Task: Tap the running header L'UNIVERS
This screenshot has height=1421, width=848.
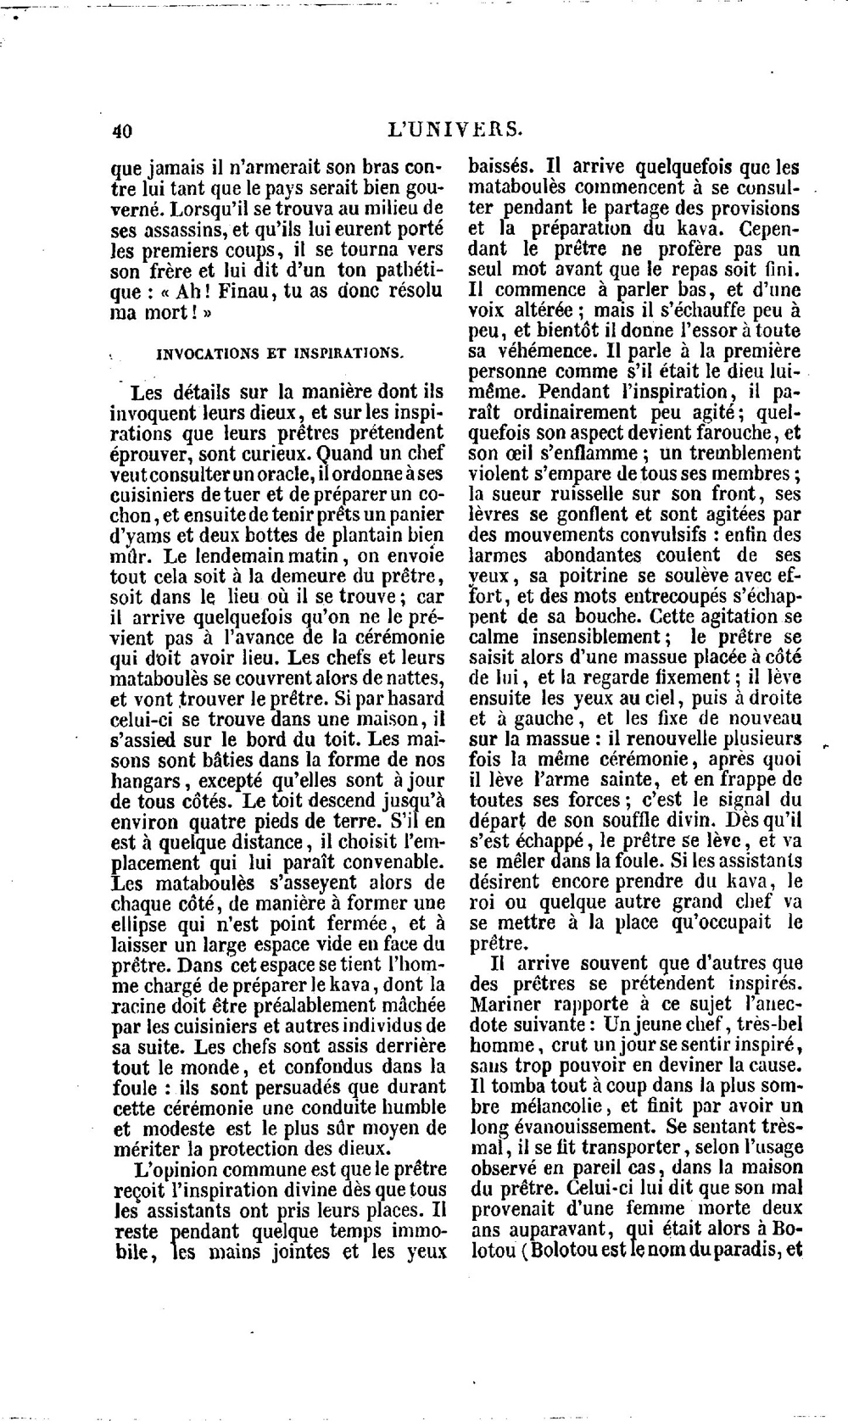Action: click(x=454, y=130)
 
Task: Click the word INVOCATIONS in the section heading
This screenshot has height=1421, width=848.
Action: click(x=200, y=354)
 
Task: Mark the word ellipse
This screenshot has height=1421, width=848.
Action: click(x=142, y=922)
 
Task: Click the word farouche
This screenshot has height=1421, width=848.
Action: click(x=709, y=432)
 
